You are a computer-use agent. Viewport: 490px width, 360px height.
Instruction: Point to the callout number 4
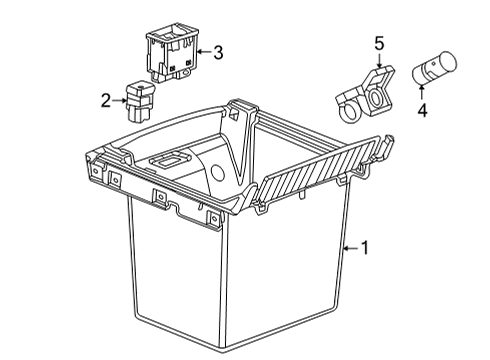coord(422,112)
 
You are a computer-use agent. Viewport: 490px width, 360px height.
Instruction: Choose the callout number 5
coord(378,44)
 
